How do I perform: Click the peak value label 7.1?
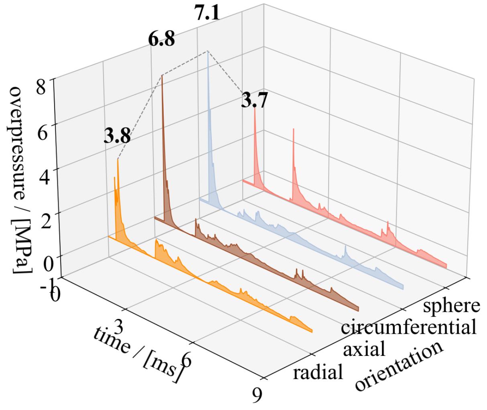(x=207, y=14)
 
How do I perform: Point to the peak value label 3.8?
(x=117, y=137)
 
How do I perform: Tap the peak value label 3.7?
(x=254, y=100)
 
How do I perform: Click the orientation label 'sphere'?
(x=452, y=305)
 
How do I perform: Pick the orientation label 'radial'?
(x=318, y=372)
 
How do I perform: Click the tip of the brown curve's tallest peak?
(x=162, y=75)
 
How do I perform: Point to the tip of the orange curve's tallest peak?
(x=118, y=159)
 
